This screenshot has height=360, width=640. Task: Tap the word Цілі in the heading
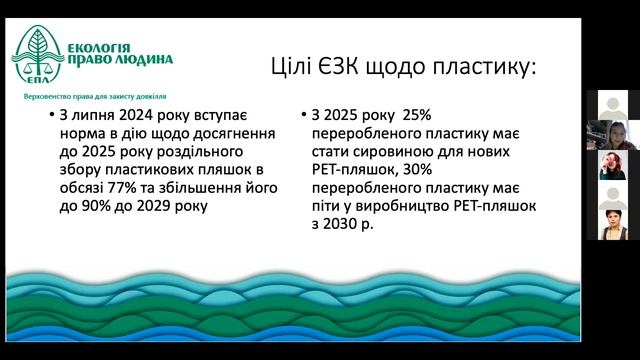click(x=295, y=67)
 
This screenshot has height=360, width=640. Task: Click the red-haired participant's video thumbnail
click(x=612, y=165)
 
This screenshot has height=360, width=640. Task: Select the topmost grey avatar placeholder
click(x=612, y=105)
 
